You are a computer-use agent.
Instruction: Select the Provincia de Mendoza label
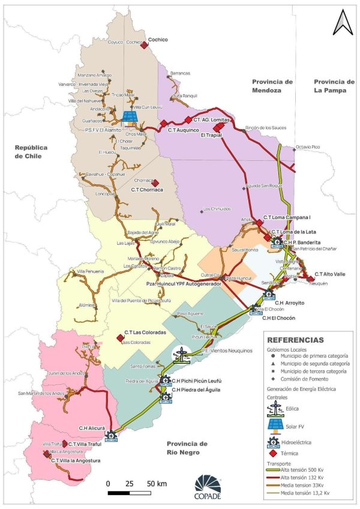pos(272,86)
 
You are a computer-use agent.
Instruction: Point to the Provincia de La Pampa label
pos(334,86)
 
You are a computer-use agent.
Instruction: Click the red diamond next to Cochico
pos(145,44)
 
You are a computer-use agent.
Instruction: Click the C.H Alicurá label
pos(92,428)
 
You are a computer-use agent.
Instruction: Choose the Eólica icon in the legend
pos(275,409)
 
